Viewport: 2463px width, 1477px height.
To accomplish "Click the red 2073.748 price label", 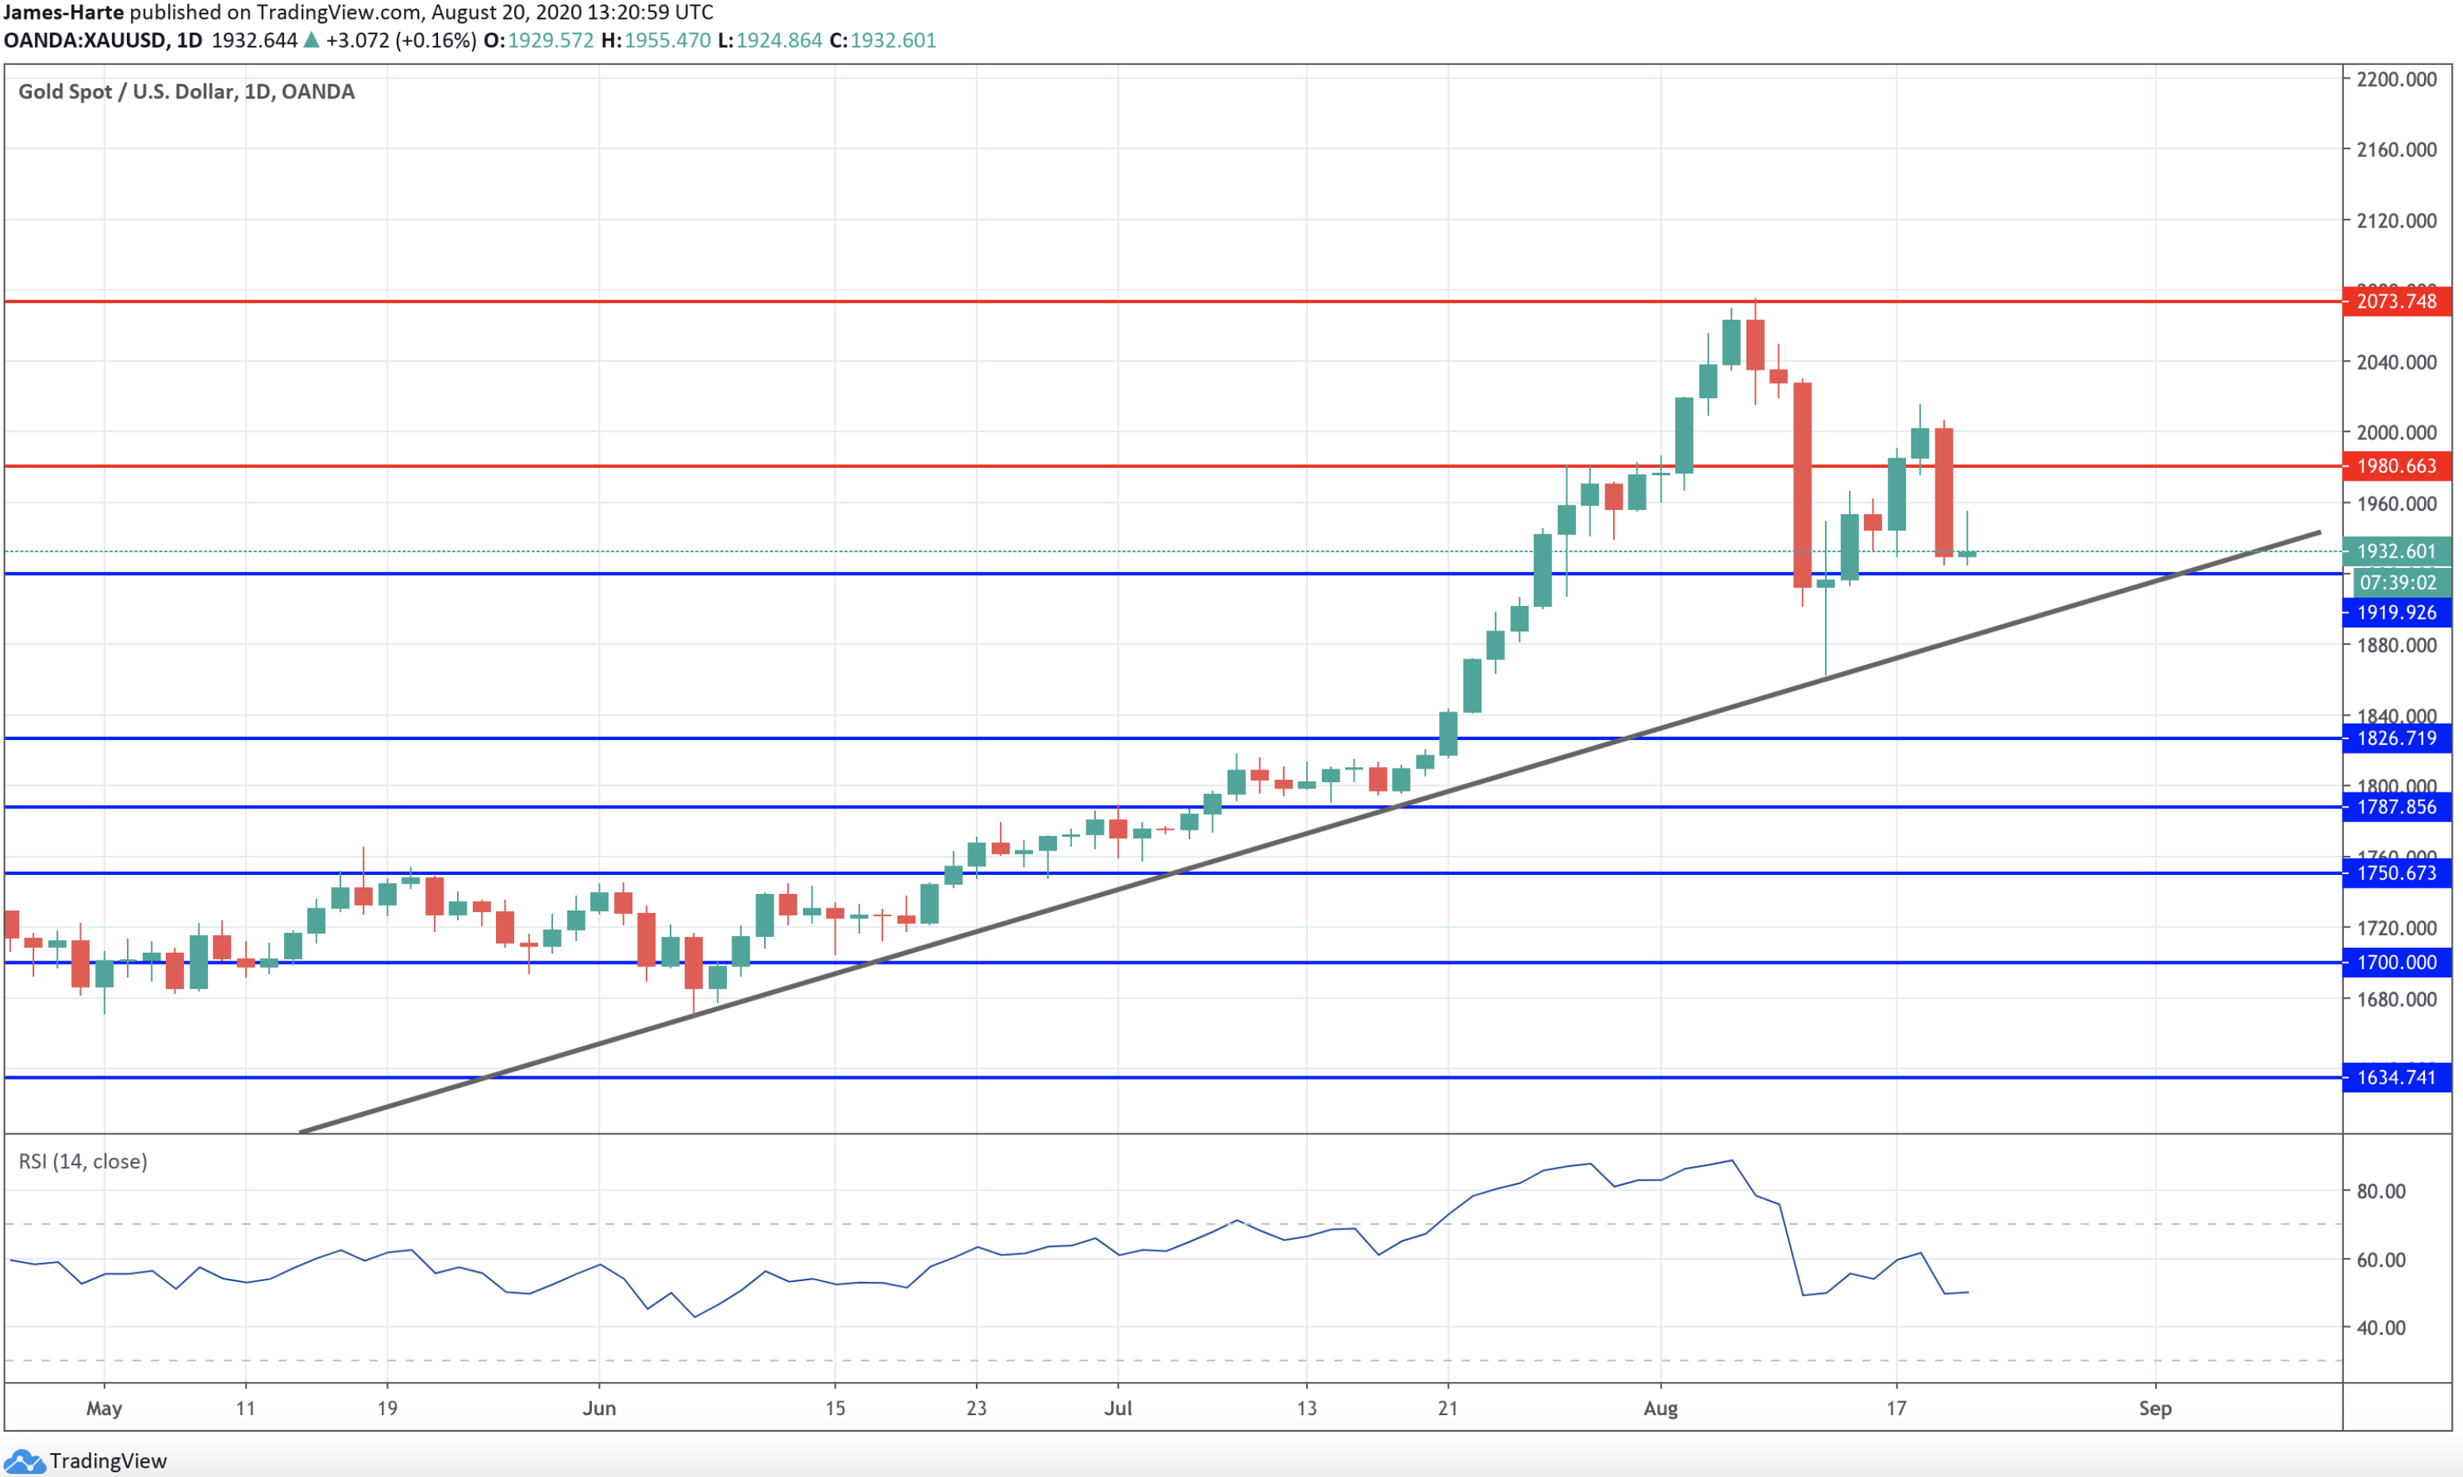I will point(2396,301).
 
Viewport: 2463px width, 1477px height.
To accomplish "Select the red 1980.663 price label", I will point(2396,466).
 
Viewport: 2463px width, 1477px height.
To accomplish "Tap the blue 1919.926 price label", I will point(2396,612).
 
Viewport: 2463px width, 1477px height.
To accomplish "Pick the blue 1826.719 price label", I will point(2396,738).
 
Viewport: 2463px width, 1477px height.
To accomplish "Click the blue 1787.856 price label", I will point(2396,808).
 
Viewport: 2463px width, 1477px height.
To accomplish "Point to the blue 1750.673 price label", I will point(2396,873).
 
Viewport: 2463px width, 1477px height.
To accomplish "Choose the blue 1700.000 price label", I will point(2396,962).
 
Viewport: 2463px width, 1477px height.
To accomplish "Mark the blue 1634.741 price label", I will point(2396,1077).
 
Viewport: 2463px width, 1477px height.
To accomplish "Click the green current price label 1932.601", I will point(2396,551).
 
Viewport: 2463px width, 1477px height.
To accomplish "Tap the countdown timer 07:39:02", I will point(2397,582).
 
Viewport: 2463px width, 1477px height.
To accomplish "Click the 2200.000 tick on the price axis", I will point(2396,79).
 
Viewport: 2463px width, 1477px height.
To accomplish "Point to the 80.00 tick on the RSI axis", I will point(2380,1191).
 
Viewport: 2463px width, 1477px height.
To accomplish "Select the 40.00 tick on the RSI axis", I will point(2380,1328).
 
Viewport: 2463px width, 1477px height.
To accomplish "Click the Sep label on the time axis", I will point(2155,1408).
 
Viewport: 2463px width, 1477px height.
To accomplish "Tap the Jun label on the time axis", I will point(599,1408).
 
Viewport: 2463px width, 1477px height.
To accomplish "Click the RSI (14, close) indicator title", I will point(83,1161).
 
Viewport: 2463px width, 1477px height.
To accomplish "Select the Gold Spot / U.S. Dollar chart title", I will point(186,91).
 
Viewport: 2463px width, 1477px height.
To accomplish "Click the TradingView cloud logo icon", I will point(24,1461).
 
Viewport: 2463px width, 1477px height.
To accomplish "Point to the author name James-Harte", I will point(63,13).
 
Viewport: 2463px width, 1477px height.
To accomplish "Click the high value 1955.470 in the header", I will point(667,40).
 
